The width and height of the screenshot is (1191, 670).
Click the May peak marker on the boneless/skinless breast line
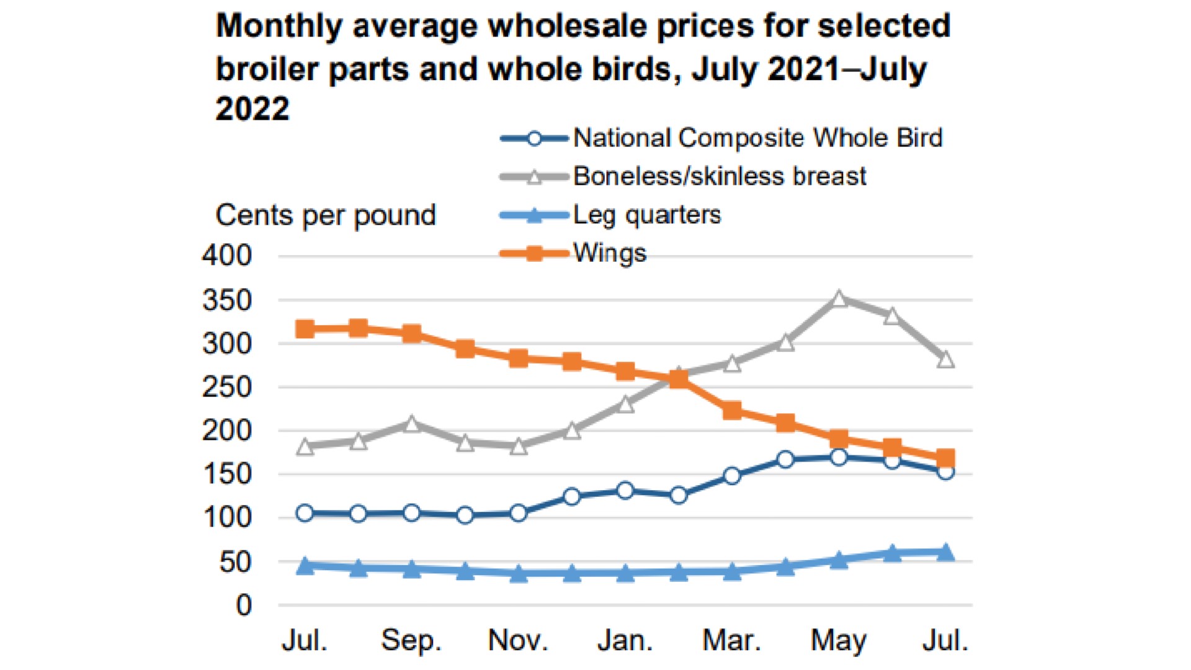[839, 300]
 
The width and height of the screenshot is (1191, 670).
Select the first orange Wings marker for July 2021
[305, 329]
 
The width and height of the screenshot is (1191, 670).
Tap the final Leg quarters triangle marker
[945, 552]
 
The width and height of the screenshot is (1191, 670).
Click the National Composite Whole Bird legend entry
[757, 138]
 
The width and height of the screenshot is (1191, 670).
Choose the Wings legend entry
[609, 253]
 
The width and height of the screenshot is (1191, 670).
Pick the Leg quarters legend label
[647, 215]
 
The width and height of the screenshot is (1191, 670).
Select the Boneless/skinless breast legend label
[720, 176]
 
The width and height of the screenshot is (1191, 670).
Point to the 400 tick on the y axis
[227, 256]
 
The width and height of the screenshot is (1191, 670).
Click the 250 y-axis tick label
[227, 387]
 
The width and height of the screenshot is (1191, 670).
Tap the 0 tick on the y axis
[244, 605]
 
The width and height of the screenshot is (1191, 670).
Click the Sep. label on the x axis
[411, 640]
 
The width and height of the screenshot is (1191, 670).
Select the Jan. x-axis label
[625, 640]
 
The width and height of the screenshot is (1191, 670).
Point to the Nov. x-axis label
[518, 640]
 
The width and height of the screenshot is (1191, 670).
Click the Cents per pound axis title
[326, 215]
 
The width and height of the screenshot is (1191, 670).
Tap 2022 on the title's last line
[252, 109]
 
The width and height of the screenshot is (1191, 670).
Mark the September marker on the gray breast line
[412, 424]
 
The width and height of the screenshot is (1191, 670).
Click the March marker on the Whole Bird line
[732, 476]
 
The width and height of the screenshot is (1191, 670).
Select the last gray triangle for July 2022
[945, 359]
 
